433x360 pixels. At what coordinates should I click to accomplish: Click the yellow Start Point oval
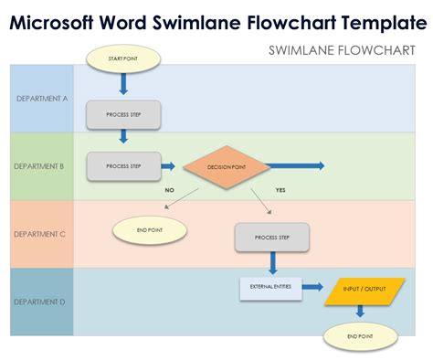coord(123,60)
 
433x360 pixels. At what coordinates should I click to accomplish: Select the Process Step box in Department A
coord(123,114)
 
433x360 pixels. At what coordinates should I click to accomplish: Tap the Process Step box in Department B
coord(123,166)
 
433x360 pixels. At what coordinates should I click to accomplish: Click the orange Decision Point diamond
coord(227,167)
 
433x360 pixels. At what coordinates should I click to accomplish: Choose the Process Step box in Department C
coord(272,237)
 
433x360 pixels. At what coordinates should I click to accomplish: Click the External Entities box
coord(271,287)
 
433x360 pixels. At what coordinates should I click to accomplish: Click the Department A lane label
coord(40,99)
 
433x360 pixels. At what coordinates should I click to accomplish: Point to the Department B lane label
coord(40,166)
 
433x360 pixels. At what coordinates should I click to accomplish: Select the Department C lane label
coord(40,234)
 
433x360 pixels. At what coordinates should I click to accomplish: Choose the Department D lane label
coord(40,301)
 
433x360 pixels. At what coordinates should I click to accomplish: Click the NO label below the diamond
coord(169,190)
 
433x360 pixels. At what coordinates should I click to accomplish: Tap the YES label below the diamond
coord(280,190)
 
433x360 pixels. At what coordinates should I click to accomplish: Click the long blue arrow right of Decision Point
coord(298,166)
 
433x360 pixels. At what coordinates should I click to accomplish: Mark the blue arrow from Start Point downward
coord(123,84)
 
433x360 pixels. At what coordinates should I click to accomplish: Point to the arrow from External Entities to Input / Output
coord(313,288)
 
